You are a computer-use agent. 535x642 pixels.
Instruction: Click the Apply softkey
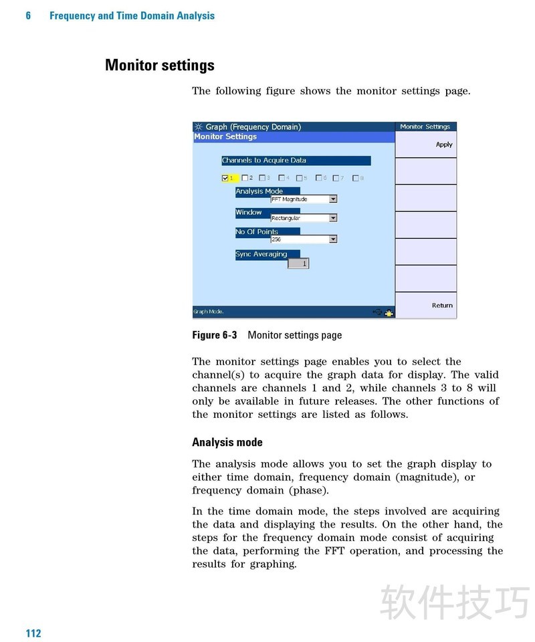[x=443, y=144]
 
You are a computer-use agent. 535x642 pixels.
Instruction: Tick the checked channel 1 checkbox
[x=225, y=178]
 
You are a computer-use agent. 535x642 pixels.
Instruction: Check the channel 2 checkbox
[x=245, y=178]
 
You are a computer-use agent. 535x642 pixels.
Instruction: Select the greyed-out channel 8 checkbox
[x=355, y=178]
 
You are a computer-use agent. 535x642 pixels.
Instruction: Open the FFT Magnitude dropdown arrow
[x=333, y=199]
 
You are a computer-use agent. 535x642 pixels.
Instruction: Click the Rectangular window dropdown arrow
[x=333, y=218]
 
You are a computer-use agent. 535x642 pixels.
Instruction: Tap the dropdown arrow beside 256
[x=333, y=239]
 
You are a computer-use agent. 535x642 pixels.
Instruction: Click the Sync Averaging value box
[x=298, y=263]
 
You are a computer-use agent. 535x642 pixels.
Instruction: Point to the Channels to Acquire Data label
[x=264, y=160]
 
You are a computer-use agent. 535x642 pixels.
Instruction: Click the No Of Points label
[x=257, y=232]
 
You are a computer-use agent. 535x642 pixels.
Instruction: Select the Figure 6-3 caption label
[x=214, y=335]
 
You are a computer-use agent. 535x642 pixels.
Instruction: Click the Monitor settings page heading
[x=160, y=66]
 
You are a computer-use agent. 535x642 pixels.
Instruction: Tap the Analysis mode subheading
[x=227, y=442]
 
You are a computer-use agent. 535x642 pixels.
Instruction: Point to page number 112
[x=33, y=633]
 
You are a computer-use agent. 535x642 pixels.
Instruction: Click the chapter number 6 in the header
[x=28, y=15]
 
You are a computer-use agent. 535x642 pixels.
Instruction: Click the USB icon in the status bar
[x=377, y=312]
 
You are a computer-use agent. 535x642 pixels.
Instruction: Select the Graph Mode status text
[x=209, y=312]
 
